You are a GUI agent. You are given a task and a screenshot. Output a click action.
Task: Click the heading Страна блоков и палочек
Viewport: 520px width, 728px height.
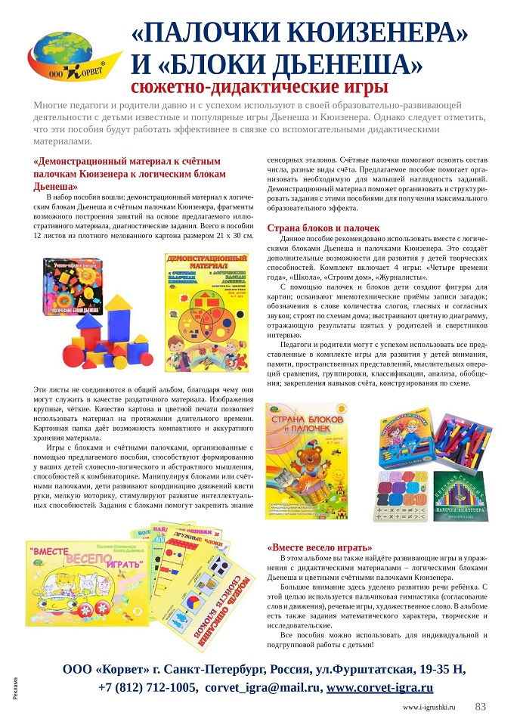click(323, 228)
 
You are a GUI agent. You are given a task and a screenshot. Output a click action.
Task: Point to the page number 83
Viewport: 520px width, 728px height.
click(479, 708)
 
